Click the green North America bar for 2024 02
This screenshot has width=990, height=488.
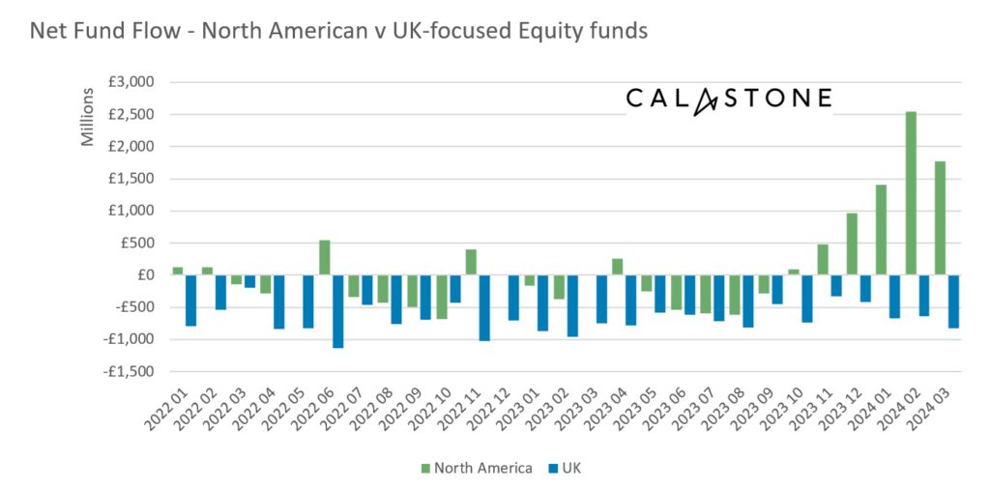[911, 193]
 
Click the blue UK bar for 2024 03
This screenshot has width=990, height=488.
[953, 301]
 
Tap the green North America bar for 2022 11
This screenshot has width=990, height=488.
[471, 262]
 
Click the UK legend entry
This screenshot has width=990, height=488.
[563, 469]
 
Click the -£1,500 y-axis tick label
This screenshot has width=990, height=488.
[130, 371]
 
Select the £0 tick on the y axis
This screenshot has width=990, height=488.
[145, 275]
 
